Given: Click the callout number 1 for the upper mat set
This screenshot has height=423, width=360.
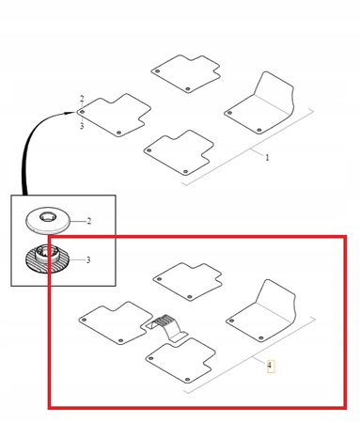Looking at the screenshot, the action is [x=267, y=157].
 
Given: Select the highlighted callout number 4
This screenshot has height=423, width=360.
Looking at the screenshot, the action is [x=271, y=366].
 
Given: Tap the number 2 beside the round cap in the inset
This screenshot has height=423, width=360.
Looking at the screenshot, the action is [x=89, y=221].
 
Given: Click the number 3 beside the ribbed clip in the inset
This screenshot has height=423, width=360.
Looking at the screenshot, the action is [x=88, y=260].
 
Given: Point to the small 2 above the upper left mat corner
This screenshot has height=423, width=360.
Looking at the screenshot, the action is [x=82, y=99].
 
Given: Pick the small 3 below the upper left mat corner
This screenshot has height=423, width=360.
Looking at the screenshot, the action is [x=82, y=126].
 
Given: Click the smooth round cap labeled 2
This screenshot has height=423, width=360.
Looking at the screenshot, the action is [x=48, y=221].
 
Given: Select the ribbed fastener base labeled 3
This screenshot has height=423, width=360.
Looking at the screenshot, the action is [x=47, y=258].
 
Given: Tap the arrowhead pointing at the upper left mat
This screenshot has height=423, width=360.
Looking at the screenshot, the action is [x=70, y=113].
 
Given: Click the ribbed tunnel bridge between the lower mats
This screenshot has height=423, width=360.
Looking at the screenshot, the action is [x=167, y=326].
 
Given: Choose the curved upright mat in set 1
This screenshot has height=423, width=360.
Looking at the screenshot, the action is [x=259, y=102].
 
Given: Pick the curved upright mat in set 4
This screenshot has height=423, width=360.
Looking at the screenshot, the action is [x=261, y=311].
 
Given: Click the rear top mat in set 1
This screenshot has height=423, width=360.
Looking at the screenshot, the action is [x=186, y=73].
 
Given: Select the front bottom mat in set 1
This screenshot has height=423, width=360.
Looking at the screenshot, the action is [x=179, y=152].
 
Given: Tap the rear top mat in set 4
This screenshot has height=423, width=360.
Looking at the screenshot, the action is [x=188, y=281].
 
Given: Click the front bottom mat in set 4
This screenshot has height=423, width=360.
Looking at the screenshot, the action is [x=180, y=360].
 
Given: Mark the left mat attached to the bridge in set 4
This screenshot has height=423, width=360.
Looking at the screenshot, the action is [x=116, y=323].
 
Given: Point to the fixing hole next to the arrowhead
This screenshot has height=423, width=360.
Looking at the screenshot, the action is [x=82, y=112].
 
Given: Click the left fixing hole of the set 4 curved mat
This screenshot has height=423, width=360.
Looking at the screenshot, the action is [x=232, y=321].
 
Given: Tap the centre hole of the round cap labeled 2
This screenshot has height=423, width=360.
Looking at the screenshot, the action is [x=48, y=217].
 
